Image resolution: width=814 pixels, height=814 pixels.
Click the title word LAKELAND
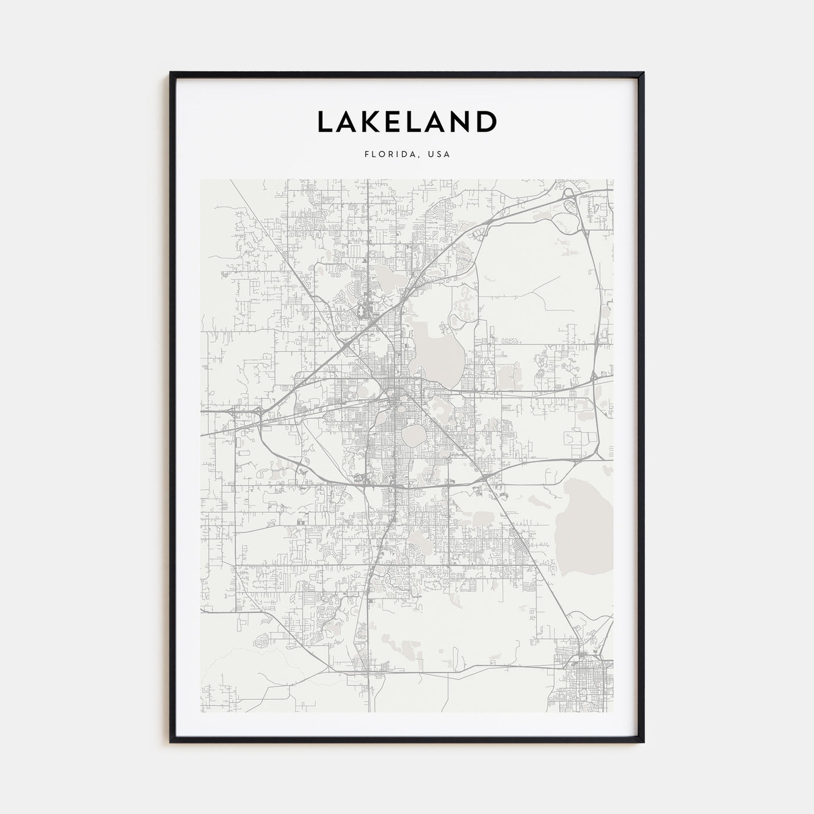tap(406, 122)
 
